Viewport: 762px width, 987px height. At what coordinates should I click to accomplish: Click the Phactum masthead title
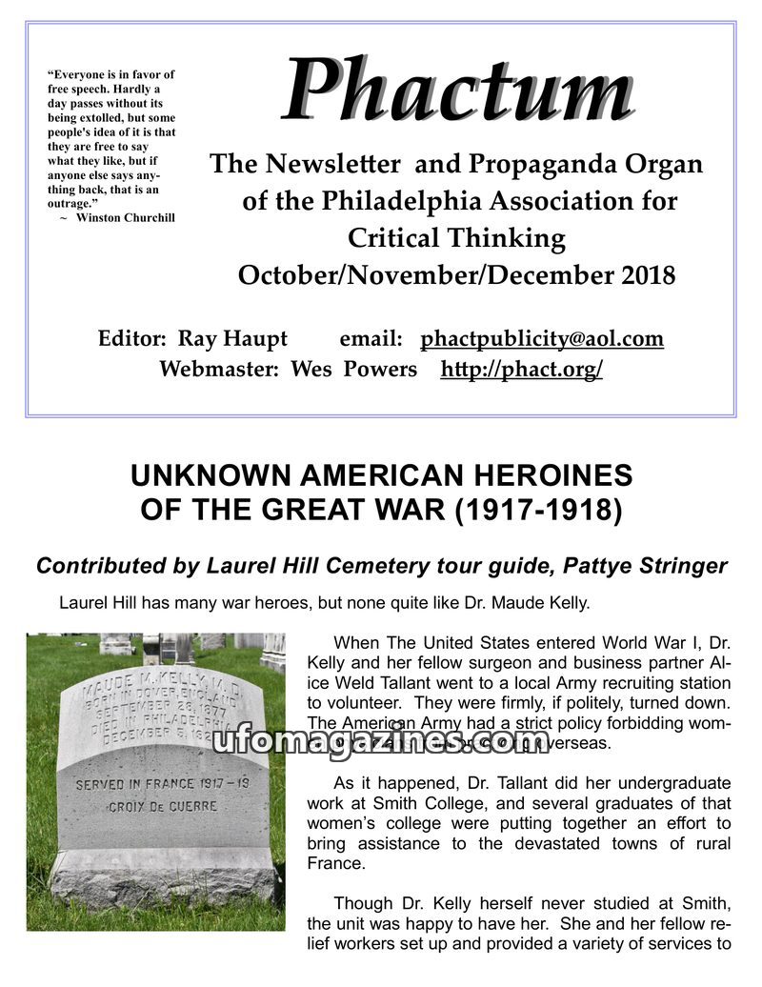[x=457, y=90]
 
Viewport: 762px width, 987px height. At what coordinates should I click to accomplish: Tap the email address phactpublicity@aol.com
[x=542, y=339]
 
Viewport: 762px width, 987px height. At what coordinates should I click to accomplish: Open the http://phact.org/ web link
[x=521, y=370]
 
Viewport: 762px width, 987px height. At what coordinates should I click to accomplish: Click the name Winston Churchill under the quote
[x=126, y=217]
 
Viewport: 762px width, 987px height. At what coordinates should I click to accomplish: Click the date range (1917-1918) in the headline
[x=539, y=511]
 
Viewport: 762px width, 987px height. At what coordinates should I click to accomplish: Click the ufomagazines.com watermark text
[x=381, y=739]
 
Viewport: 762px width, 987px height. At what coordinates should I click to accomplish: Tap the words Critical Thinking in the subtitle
[x=456, y=237]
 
